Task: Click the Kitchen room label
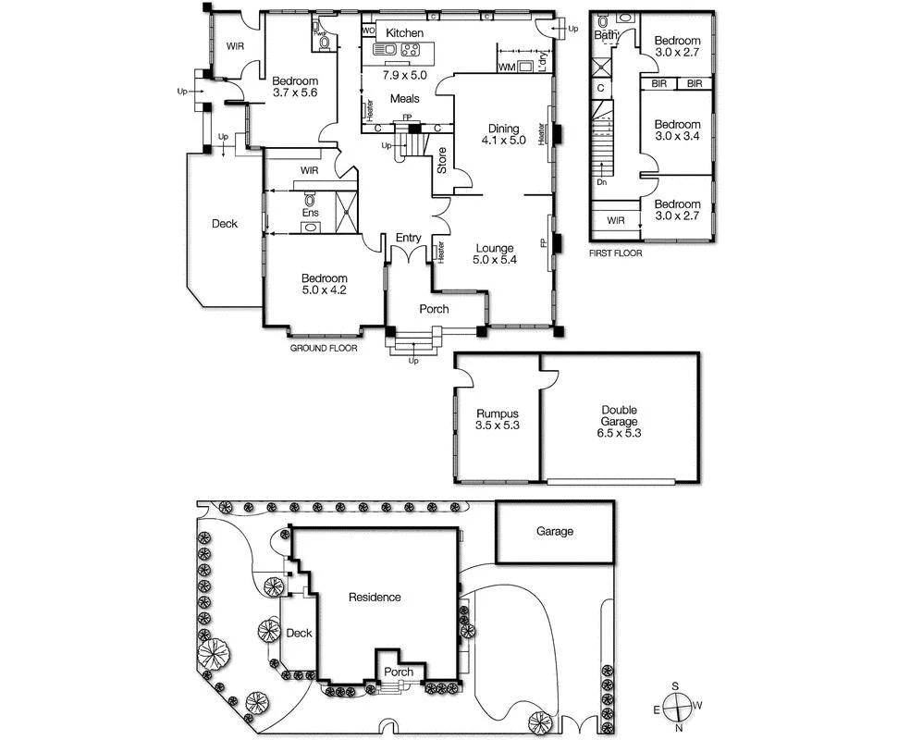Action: tap(404, 33)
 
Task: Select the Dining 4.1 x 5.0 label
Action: tap(503, 135)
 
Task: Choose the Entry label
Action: tap(408, 239)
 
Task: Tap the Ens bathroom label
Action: tap(311, 214)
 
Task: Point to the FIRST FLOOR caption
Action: tap(615, 253)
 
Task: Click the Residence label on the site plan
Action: tap(375, 598)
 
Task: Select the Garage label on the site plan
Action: tap(555, 532)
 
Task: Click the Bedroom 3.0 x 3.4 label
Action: tap(677, 130)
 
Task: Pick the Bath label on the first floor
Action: tap(606, 36)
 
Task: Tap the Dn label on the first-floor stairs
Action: tap(601, 182)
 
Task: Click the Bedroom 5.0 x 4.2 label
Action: tap(324, 285)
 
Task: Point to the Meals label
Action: tap(404, 99)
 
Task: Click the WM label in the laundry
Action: tap(506, 68)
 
